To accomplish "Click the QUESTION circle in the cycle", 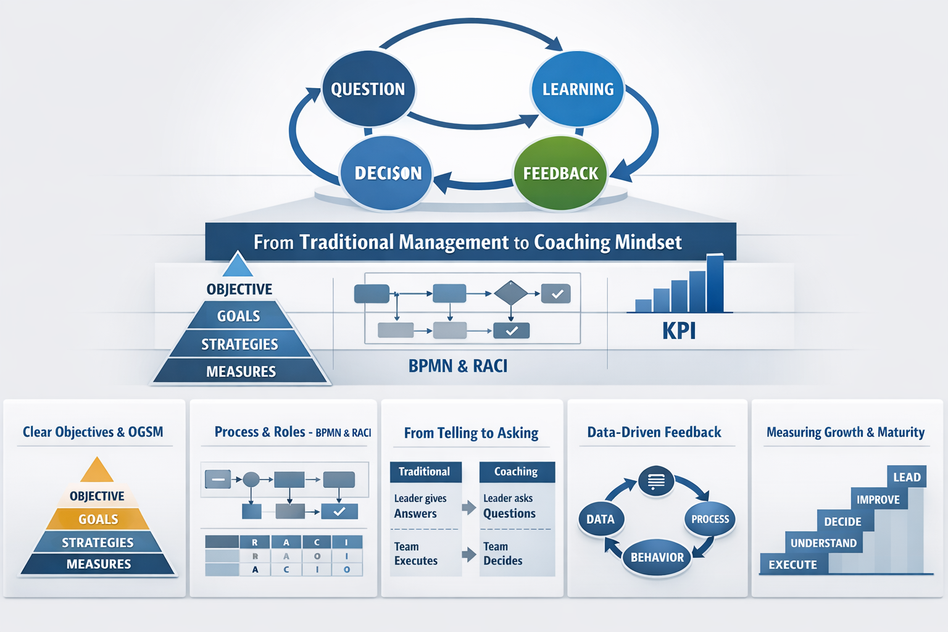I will [368, 89].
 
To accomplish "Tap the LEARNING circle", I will [578, 89].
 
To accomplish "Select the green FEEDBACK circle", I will [560, 173].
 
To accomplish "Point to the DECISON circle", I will [387, 173].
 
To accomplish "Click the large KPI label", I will [679, 331].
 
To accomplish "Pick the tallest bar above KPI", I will [715, 283].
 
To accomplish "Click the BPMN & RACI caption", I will [458, 366].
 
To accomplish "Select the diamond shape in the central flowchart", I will [511, 293].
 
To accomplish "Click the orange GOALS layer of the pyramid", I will [98, 520].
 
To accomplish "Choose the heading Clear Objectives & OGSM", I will [93, 432].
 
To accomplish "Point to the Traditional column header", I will [425, 472].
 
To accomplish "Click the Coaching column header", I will [517, 472].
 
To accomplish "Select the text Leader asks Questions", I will [509, 506].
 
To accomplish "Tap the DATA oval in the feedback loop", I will [601, 520].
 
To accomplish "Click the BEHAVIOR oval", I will [657, 557].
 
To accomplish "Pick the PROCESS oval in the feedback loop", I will [710, 520].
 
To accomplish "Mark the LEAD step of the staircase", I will [907, 477].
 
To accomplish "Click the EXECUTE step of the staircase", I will [793, 565].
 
